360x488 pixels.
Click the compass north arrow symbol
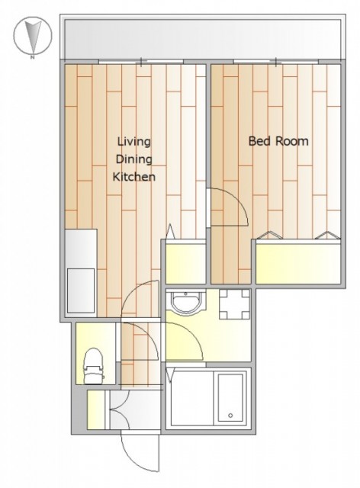point(32,35)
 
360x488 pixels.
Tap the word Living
point(134,142)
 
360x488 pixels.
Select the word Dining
point(134,159)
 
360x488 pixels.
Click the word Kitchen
point(134,177)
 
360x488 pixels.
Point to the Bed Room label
point(278,141)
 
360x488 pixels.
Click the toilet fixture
point(93,366)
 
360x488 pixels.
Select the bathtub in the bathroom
point(230,397)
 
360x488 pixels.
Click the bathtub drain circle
point(230,415)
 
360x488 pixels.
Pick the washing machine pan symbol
point(235,304)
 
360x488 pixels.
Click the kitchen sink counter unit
point(81,273)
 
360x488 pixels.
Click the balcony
point(203,39)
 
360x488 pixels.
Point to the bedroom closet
point(298,264)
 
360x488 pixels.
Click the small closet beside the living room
point(185,264)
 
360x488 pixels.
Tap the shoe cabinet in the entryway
point(96,409)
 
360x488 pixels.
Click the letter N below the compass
point(32,57)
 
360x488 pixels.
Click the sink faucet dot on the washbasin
point(185,294)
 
